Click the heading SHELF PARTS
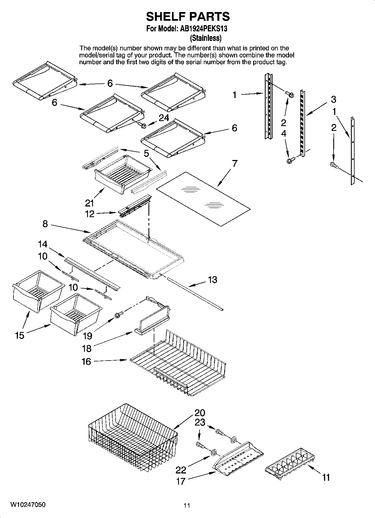188,17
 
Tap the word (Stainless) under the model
206,38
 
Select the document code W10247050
28,505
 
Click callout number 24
164,118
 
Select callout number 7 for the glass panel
234,163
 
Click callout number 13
213,280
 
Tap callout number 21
89,202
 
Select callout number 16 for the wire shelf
86,362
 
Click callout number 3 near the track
333,99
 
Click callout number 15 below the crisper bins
20,335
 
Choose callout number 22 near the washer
181,470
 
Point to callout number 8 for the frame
45,224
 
